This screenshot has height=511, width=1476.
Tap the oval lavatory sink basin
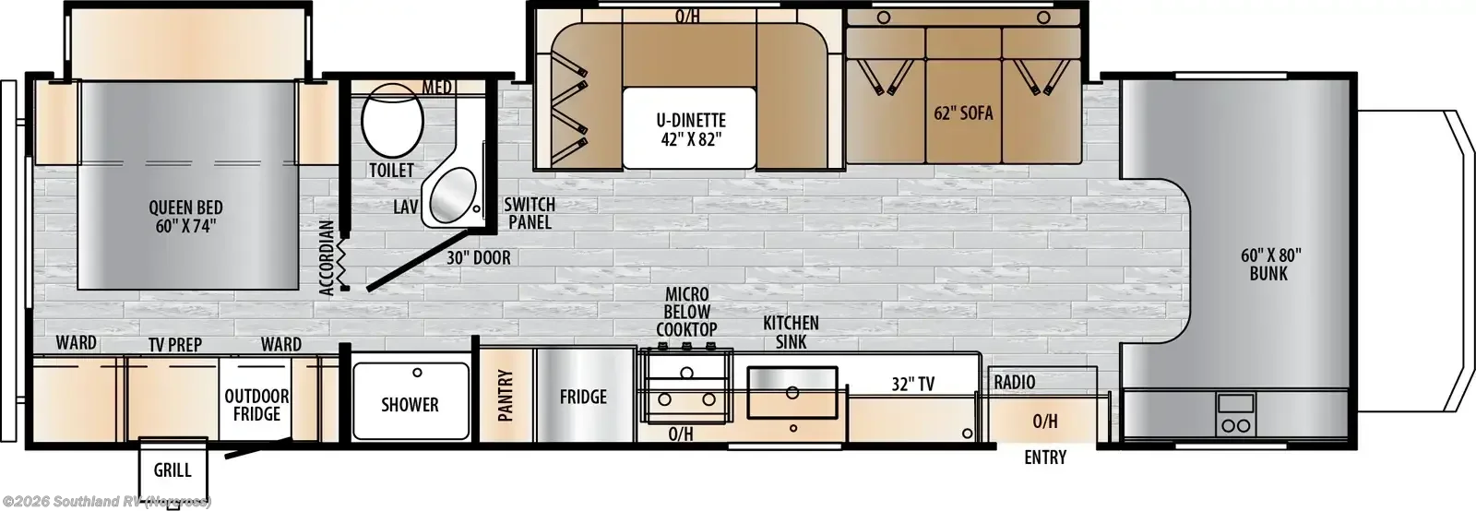tap(453, 195)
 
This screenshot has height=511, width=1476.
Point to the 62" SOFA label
tap(963, 113)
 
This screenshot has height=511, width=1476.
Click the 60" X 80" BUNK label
tap(1268, 264)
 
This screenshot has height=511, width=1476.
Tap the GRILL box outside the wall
tap(173, 469)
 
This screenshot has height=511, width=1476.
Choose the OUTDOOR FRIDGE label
tap(256, 405)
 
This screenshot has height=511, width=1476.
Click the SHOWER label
tap(410, 404)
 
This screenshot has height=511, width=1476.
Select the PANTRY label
tap(506, 395)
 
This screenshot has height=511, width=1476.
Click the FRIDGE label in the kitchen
tap(583, 397)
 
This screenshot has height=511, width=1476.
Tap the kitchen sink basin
tap(792, 392)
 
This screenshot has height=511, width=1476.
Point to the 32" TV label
tap(912, 384)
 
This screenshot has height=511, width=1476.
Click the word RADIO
tap(1015, 382)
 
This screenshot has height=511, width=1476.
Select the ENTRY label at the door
tap(1045, 457)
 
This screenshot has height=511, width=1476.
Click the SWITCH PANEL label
tap(530, 213)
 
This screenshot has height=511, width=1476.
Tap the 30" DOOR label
tap(479, 257)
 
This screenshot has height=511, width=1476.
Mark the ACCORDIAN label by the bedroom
tap(327, 257)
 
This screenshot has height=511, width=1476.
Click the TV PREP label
tap(174, 344)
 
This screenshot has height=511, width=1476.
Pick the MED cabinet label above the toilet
tap(437, 87)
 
